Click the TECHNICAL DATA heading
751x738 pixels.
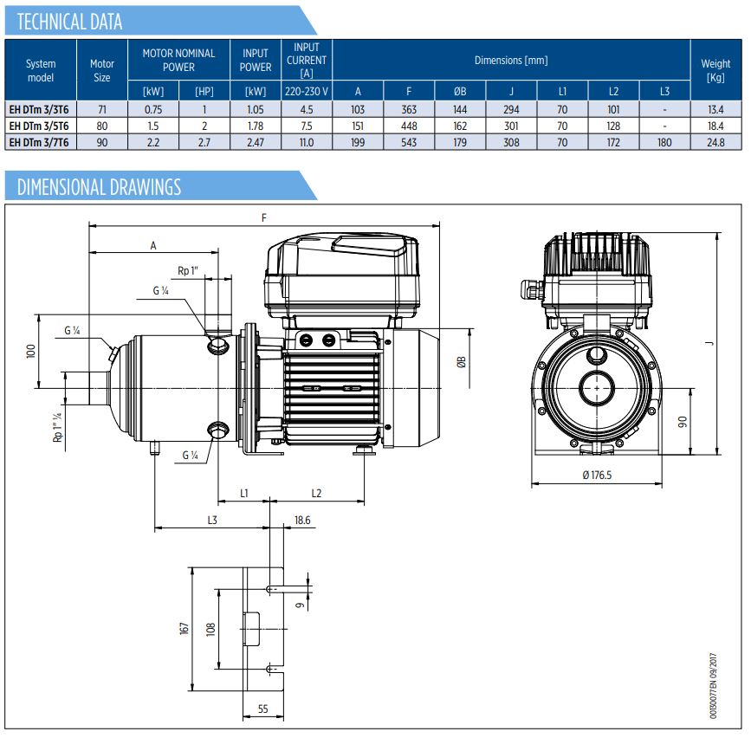[x=70, y=22]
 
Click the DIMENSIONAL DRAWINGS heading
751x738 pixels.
[x=99, y=186]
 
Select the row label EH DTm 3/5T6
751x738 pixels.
[x=41, y=126]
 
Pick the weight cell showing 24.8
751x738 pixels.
[x=715, y=142]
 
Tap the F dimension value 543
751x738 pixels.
[x=409, y=142]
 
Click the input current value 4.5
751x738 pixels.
[x=307, y=109]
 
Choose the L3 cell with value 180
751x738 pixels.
[x=664, y=142]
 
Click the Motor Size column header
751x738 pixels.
[x=102, y=70]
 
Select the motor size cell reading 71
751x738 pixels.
[x=102, y=109]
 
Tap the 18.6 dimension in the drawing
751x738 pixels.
[x=302, y=520]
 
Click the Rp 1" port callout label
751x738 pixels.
[x=188, y=271]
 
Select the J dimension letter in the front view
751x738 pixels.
[x=708, y=343]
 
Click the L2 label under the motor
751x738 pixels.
[x=316, y=493]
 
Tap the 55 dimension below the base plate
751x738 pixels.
[x=262, y=708]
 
